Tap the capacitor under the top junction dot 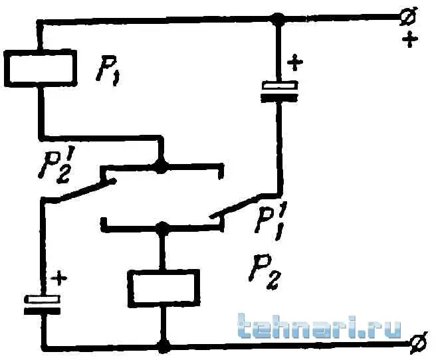[x=279, y=91]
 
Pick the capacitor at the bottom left [x=42, y=305]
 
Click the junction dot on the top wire [x=278, y=19]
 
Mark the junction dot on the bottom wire [x=163, y=346]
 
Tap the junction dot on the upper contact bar [x=160, y=167]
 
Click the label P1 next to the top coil [x=107, y=71]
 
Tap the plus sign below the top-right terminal [x=410, y=40]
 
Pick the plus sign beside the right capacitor [x=294, y=63]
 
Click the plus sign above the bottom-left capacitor [x=58, y=278]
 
